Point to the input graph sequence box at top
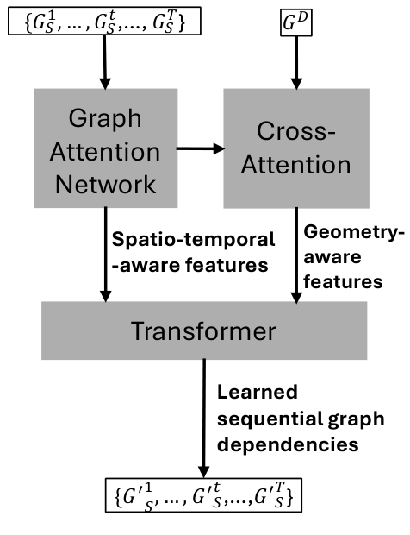(x=103, y=22)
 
